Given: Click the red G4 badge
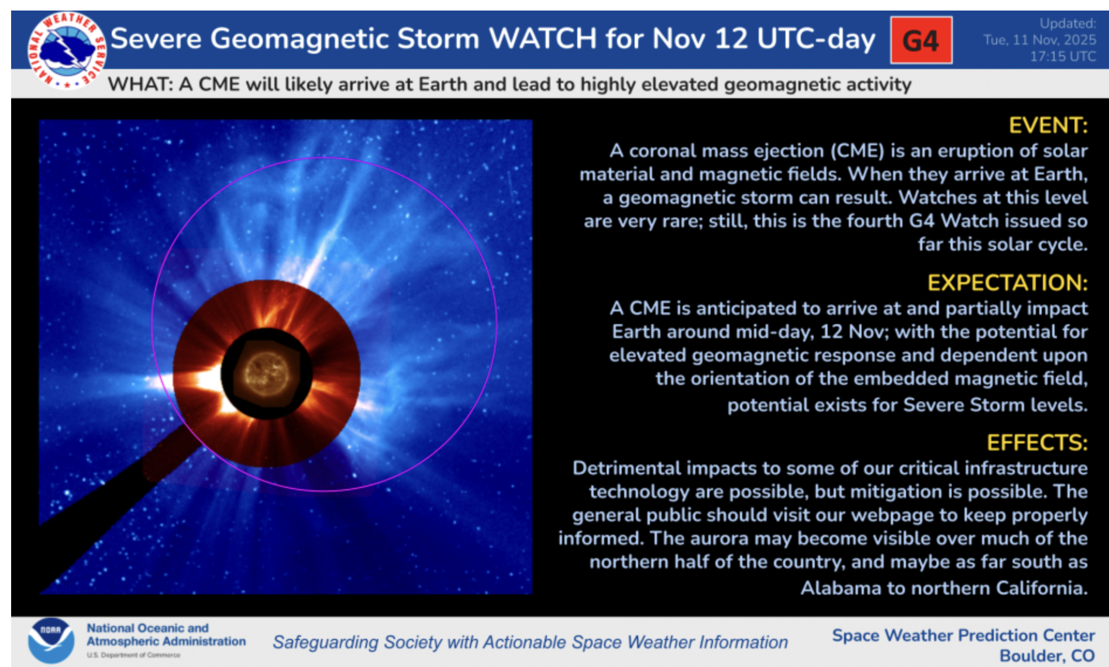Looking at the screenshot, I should coord(921,40).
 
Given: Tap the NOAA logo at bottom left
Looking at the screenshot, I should coord(51,640).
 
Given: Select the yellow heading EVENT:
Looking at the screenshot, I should coord(1048,125).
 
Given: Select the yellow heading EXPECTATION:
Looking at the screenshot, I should coord(1007,283).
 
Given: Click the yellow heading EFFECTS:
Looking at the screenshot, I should coord(1036,442).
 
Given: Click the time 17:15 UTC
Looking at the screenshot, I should coord(1062,56).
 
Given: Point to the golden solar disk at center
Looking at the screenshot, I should coord(267,373).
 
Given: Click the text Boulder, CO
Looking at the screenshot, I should coord(1046,656).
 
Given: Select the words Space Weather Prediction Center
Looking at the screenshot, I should coord(963,635).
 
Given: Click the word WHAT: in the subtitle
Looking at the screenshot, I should coord(140,84).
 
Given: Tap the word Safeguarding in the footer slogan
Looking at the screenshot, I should coord(326,642).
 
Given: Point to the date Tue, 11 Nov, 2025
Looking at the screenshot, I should coord(1039,40).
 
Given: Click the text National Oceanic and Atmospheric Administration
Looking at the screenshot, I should coord(166,635).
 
